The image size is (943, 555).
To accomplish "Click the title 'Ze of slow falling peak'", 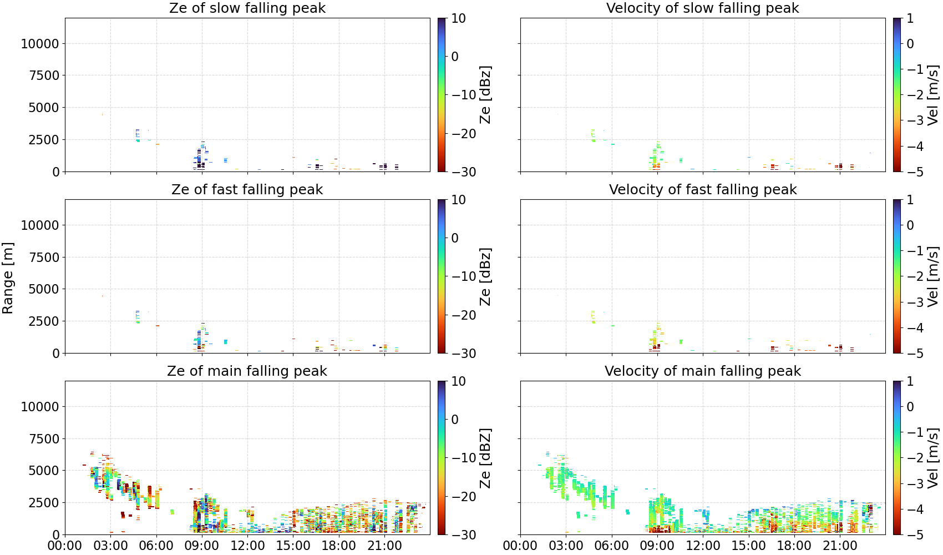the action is click(247, 8).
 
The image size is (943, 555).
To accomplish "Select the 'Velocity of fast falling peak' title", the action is click(703, 189).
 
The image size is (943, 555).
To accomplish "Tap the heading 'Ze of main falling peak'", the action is click(247, 371).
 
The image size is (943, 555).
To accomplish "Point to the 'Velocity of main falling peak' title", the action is click(703, 371).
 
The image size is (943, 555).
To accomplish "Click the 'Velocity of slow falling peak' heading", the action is click(703, 8).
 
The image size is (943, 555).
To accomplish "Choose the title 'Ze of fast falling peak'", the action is click(247, 189).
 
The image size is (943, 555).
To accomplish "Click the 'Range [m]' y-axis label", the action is click(8, 278).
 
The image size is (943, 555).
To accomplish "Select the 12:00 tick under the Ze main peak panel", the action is click(247, 546).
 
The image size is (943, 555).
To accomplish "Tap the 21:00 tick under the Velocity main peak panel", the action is click(840, 546).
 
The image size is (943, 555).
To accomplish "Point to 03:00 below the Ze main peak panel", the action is click(111, 546).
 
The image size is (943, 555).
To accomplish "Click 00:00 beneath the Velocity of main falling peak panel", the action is click(520, 546).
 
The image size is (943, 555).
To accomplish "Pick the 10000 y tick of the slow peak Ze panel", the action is click(40, 43).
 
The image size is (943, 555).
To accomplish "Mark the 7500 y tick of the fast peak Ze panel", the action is click(44, 257).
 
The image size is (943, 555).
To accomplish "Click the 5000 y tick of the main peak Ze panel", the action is click(44, 470).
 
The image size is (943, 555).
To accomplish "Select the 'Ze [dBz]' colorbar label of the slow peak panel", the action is click(485, 95).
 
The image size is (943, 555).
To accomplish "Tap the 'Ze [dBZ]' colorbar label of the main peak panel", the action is click(485, 458).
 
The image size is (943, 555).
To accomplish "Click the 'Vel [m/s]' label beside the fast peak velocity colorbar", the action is click(933, 276).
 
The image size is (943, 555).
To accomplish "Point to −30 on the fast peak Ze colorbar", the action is click(464, 354).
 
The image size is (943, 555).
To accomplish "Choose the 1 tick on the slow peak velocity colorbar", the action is click(910, 18).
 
